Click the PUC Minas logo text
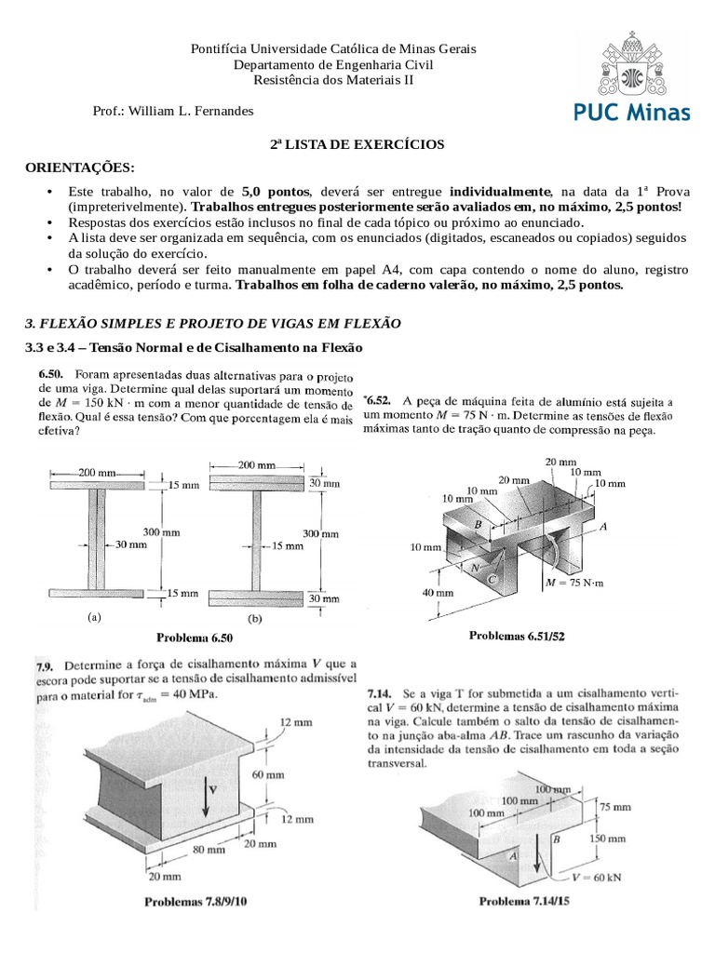tap(630, 114)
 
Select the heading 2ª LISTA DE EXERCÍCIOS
tap(357, 145)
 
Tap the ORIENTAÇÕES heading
tap(79, 167)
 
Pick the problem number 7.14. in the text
tap(382, 693)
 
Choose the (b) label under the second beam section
tap(252, 618)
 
